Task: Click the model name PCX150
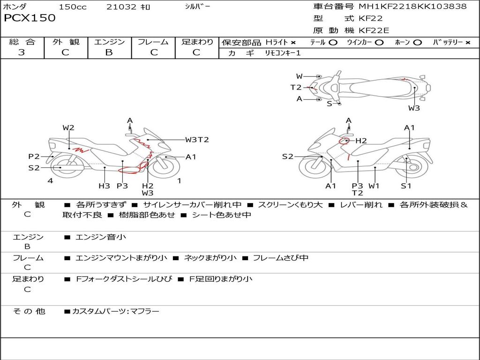coord(30,18)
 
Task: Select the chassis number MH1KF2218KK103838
coord(412,6)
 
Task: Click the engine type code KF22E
coord(374,30)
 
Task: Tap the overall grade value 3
coord(22,52)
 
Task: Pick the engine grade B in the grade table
coord(109,52)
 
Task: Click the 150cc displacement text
coord(73,7)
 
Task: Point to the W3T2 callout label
coord(197,140)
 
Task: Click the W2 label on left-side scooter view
coord(68,127)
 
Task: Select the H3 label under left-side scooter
coord(104,186)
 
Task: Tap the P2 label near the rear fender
coord(34,157)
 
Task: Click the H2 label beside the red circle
coord(361,141)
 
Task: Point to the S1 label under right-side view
coord(406,186)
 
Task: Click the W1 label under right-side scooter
coord(374,186)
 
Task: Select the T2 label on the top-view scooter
coord(296,88)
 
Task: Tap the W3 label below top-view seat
coord(414,108)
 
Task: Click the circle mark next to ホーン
coord(418,43)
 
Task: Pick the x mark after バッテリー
coord(468,43)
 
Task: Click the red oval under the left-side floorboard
coord(128,170)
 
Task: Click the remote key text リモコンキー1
coord(283,53)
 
